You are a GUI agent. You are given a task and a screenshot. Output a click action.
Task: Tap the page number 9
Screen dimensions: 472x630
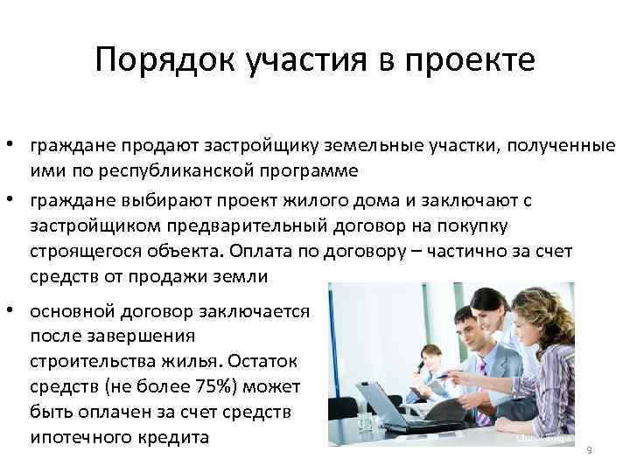click(x=589, y=450)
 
